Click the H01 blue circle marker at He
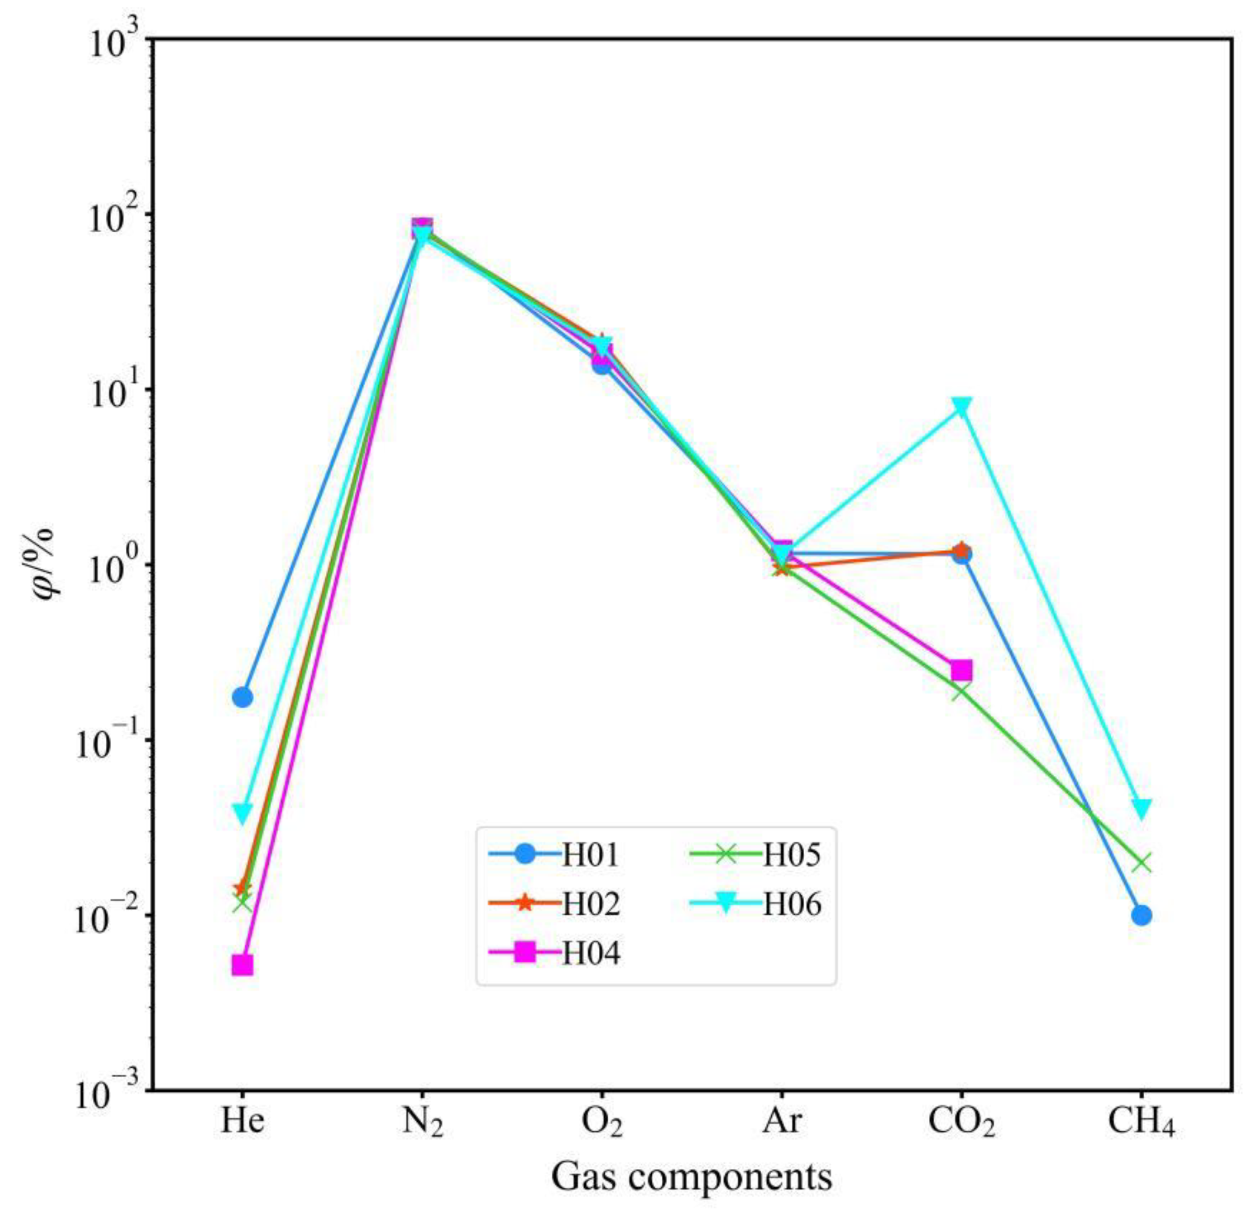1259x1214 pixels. (242, 697)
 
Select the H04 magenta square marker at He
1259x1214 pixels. (242, 966)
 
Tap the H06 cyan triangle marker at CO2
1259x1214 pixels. (961, 407)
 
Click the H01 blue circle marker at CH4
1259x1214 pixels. (1142, 915)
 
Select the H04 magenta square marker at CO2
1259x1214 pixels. (961, 670)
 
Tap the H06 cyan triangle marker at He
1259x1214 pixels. (242, 814)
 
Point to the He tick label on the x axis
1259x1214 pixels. (242, 1121)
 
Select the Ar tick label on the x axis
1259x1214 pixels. (782, 1121)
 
